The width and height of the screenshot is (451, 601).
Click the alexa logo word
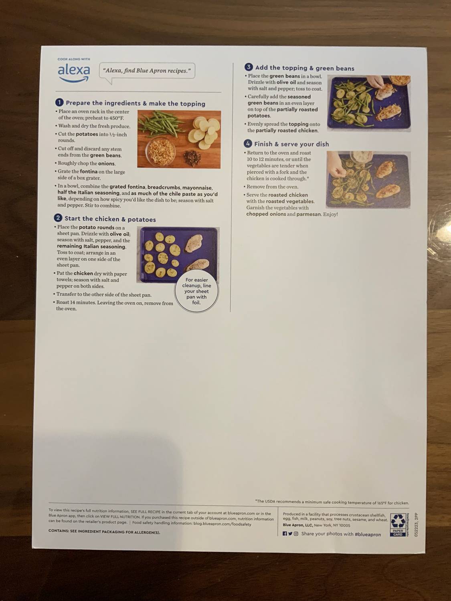[x=74, y=71]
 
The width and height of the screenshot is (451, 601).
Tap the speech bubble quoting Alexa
[x=147, y=71]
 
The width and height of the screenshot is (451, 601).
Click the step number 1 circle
[x=59, y=103]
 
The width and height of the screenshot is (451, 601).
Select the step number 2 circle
[x=58, y=218]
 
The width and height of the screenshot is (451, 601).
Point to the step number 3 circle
[x=249, y=67]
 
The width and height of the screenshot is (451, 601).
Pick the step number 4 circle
[x=248, y=143]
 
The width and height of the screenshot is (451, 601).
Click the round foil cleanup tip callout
[x=196, y=291]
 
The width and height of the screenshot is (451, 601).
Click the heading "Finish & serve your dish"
[x=291, y=144]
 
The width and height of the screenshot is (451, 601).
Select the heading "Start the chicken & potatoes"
[x=110, y=219]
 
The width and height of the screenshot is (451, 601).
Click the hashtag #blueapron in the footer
[x=368, y=534]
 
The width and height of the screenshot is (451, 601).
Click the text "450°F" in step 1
[x=117, y=118]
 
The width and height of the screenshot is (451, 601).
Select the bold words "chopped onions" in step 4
[x=266, y=214]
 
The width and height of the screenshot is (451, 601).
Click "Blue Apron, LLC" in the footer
[x=298, y=525]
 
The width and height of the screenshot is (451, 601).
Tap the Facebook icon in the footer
[x=285, y=534]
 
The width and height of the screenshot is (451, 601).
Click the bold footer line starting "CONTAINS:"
[x=104, y=532]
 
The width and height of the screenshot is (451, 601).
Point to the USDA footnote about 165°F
[x=332, y=502]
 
